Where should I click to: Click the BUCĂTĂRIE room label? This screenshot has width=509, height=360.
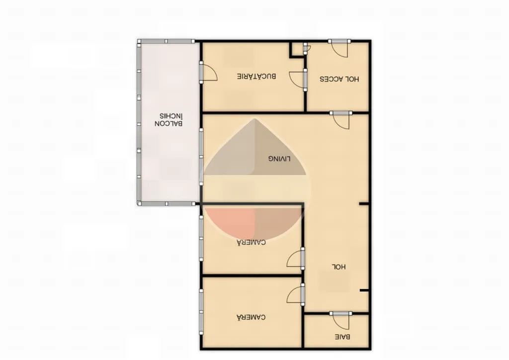[256, 76]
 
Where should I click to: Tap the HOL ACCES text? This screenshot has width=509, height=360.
[339, 79]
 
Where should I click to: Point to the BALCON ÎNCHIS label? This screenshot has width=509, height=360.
[169, 119]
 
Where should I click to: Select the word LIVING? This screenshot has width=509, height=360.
[279, 159]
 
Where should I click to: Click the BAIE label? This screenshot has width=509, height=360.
[342, 337]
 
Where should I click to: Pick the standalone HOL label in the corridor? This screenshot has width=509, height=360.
[339, 267]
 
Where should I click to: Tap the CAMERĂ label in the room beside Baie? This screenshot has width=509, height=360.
[251, 317]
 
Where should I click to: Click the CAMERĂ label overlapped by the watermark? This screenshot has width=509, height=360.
[251, 242]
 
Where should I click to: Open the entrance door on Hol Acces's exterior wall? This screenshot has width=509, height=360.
[339, 48]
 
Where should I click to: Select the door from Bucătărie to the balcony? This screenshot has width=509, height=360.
[208, 72]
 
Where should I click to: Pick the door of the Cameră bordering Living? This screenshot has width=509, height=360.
[296, 259]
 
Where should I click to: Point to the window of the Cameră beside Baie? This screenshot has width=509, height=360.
[201, 312]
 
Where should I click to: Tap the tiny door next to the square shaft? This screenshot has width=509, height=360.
[306, 48]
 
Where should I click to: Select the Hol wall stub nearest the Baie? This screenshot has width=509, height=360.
[364, 290]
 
